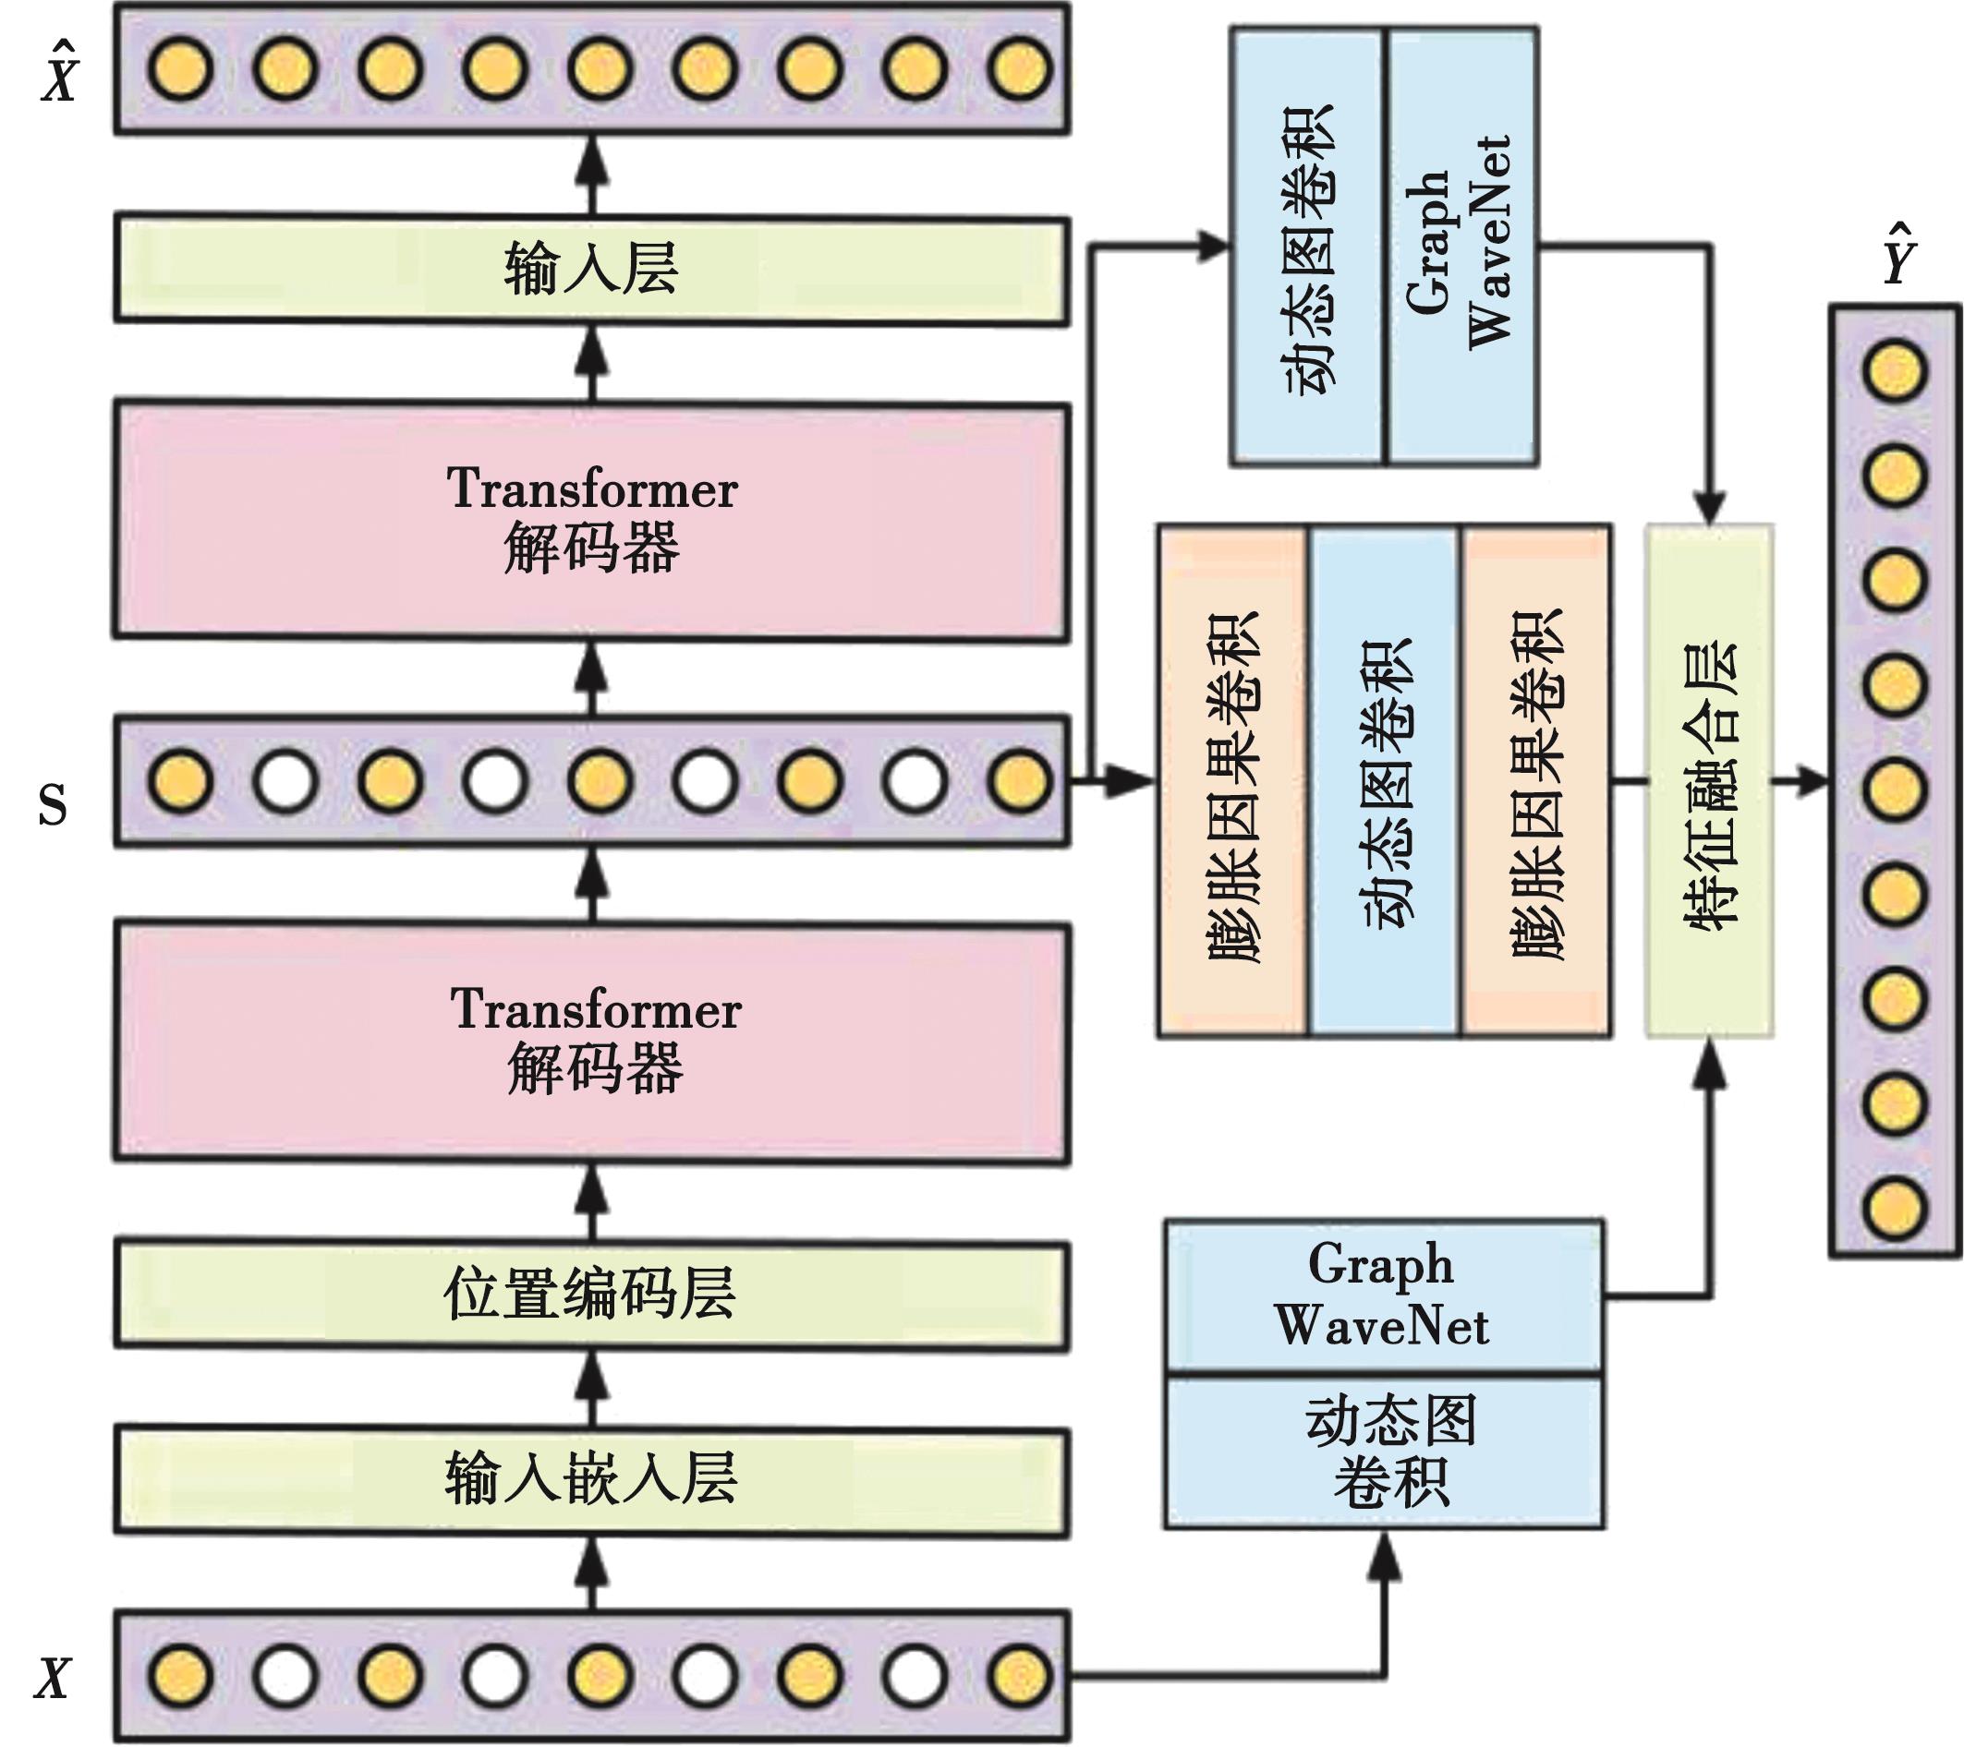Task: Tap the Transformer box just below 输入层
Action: point(591,521)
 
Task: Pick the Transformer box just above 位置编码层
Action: point(591,1042)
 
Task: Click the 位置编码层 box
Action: point(591,1295)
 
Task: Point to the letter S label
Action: point(53,805)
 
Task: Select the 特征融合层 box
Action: point(1709,780)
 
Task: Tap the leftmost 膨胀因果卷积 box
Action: point(1231,780)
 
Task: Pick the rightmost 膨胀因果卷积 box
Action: point(1535,780)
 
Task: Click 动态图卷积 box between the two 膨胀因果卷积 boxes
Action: point(1385,780)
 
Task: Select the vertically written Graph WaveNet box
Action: point(1461,246)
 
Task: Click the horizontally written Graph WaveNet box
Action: point(1384,1295)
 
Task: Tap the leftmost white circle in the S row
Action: point(286,780)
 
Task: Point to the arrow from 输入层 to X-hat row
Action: point(591,175)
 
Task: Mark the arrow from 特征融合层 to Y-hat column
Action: point(1800,781)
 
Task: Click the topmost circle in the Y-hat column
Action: point(1895,370)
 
